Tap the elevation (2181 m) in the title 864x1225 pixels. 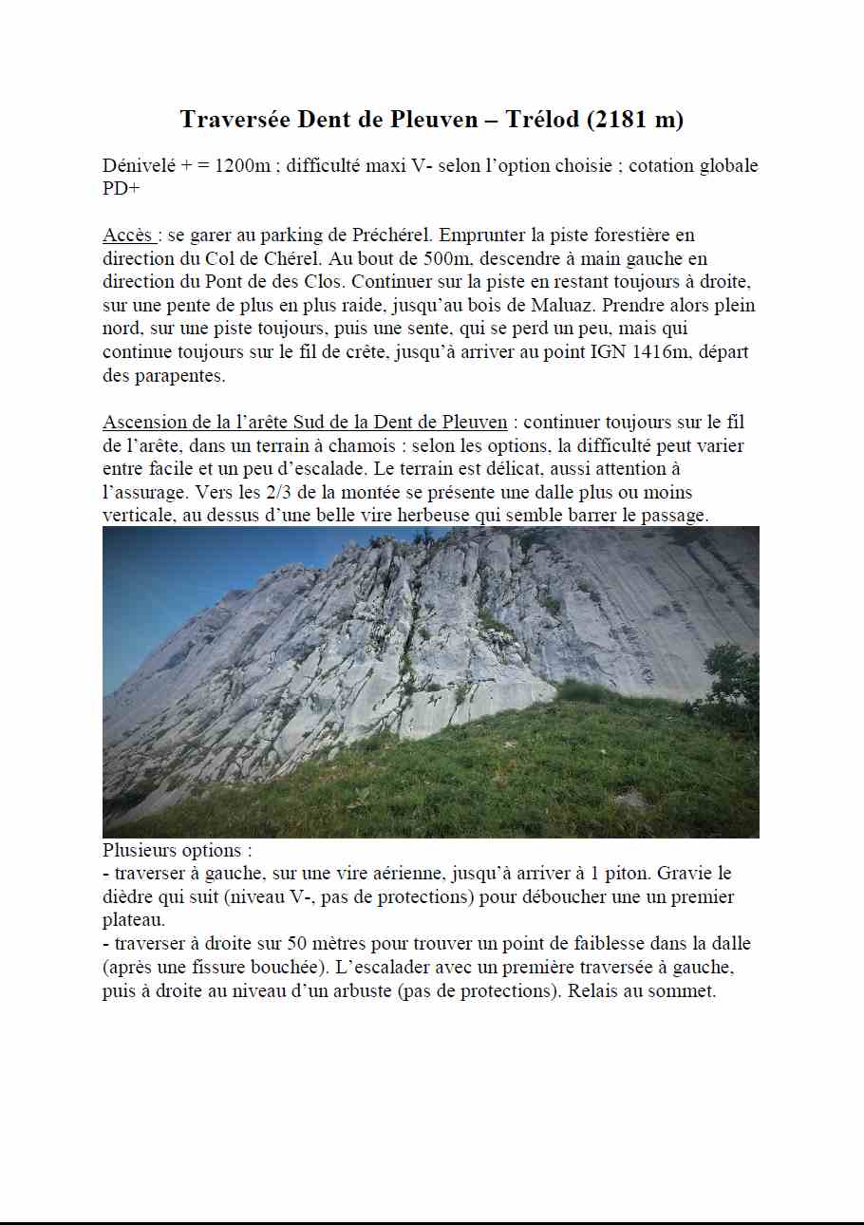pyautogui.click(x=635, y=120)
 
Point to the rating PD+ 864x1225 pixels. pyautogui.click(x=122, y=188)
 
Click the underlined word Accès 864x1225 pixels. pyautogui.click(x=127, y=236)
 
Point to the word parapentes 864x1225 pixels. pyautogui.click(x=185, y=376)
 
